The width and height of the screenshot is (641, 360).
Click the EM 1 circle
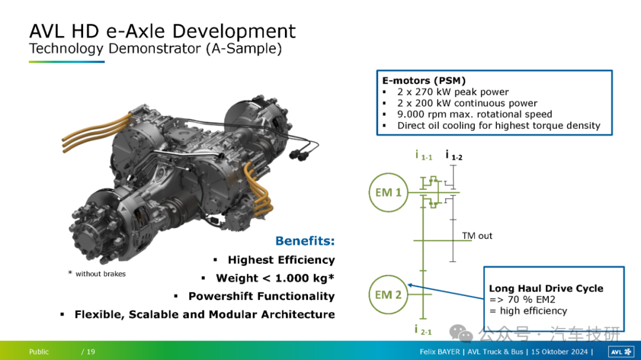(370, 193)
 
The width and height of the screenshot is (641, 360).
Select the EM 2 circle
(370, 295)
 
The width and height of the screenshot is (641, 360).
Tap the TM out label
(477, 236)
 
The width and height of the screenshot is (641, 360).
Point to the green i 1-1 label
(424, 155)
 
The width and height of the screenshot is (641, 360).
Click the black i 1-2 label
(454, 155)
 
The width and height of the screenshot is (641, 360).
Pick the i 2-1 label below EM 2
(423, 330)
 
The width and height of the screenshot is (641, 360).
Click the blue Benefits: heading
(305, 241)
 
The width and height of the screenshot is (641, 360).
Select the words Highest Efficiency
(281, 260)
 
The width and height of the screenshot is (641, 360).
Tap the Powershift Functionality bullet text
(262, 297)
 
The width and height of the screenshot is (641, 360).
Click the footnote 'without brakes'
(100, 274)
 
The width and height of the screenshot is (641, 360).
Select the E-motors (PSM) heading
(424, 81)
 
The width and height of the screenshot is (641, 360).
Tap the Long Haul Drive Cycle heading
(546, 288)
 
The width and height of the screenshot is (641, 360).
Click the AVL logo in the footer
(621, 352)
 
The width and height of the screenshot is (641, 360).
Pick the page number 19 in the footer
(91, 352)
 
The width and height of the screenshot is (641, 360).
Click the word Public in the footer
(39, 352)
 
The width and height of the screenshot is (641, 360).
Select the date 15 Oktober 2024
(560, 352)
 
